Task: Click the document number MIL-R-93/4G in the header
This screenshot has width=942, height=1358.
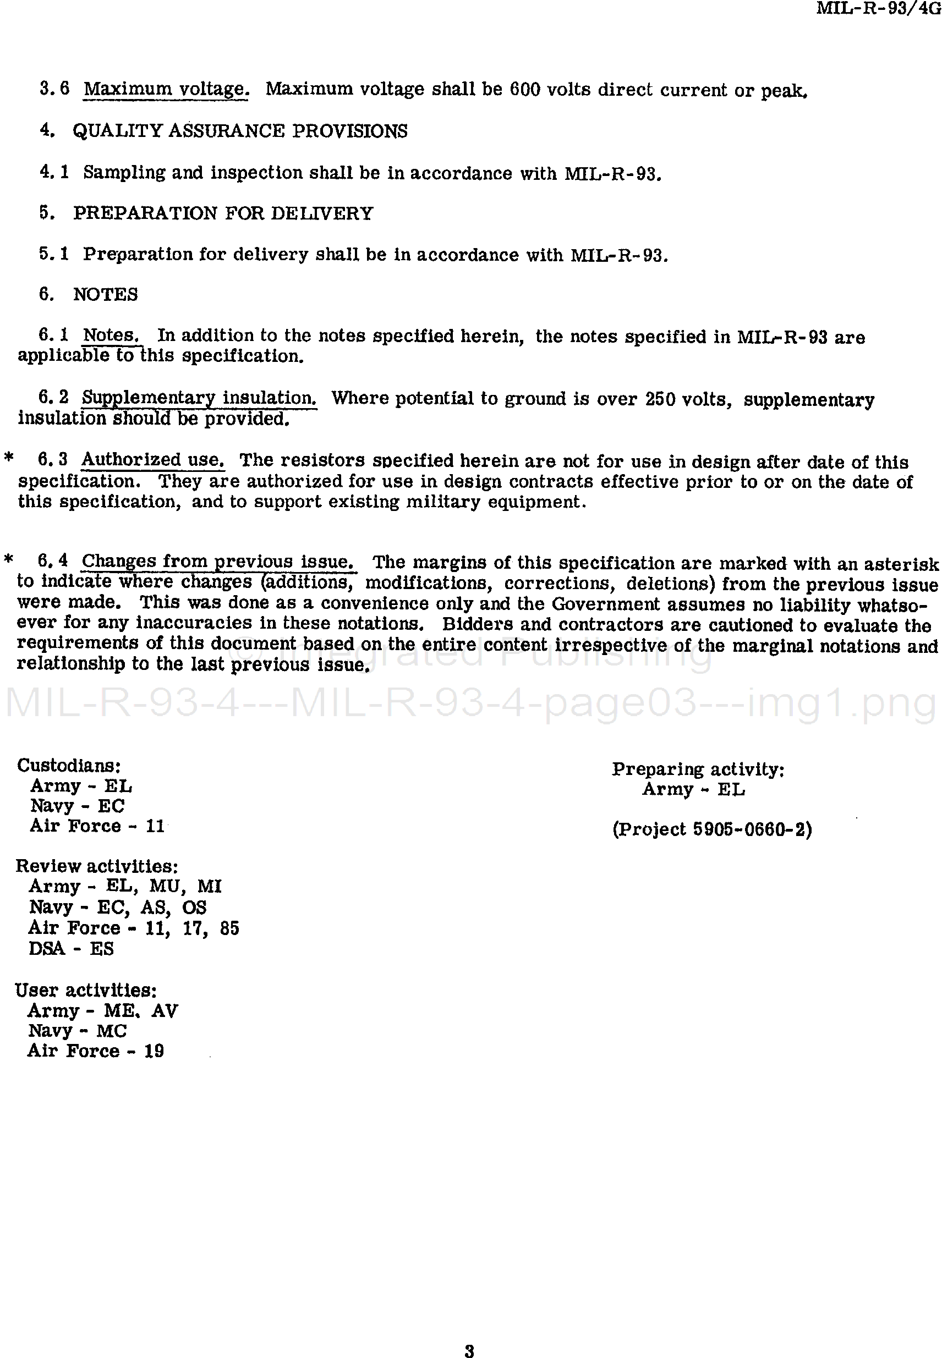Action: coord(878,8)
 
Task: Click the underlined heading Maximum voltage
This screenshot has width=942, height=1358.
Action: coord(166,89)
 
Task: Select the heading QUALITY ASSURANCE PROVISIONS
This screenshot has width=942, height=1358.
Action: coord(240,131)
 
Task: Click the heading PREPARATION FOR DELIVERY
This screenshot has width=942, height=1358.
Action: coord(223,213)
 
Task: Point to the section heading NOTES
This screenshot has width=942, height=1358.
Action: coord(105,294)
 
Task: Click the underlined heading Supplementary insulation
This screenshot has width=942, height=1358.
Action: coord(199,398)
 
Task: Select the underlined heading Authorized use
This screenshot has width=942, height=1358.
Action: coord(153,460)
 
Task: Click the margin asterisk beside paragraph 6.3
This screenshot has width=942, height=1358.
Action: coord(8,458)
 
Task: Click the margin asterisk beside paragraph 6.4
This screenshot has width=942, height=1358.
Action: coord(8,559)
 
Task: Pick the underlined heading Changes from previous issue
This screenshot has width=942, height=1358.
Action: coord(218,561)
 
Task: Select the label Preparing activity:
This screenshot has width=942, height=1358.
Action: coord(698,769)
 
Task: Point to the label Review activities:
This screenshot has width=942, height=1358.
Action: coord(96,866)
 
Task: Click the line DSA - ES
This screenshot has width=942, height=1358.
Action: coord(71,949)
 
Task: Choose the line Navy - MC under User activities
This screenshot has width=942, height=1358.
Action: coord(78,1031)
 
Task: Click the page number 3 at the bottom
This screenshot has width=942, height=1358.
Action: coord(469,1334)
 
